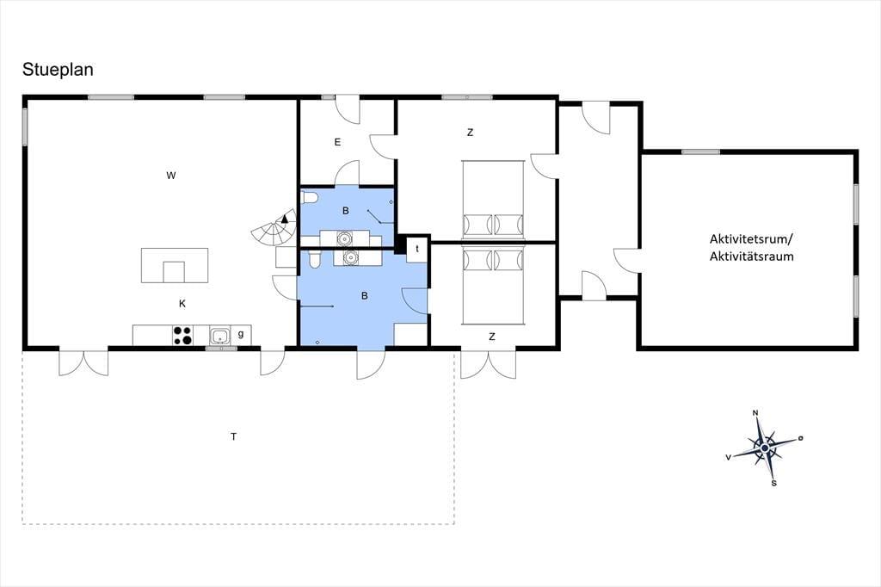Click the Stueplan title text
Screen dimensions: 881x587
point(58,70)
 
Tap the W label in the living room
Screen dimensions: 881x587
point(171,176)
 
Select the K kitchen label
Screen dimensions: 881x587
point(182,304)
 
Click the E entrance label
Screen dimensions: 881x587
point(337,142)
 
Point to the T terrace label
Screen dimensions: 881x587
point(233,436)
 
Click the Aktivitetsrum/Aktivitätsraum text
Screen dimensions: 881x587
point(752,247)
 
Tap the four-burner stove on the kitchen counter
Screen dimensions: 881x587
point(182,335)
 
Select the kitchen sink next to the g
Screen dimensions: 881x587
point(219,336)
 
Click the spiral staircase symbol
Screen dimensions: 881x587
point(274,228)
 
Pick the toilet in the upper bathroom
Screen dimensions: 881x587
point(309,197)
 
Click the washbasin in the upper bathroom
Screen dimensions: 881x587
point(344,238)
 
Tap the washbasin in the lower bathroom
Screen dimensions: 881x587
point(351,257)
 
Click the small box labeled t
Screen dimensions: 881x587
point(417,249)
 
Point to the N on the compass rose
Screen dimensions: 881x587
point(755,413)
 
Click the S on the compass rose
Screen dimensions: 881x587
point(773,483)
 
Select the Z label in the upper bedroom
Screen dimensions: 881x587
point(470,133)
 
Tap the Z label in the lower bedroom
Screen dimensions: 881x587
point(491,337)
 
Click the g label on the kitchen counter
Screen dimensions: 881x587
point(241,334)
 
